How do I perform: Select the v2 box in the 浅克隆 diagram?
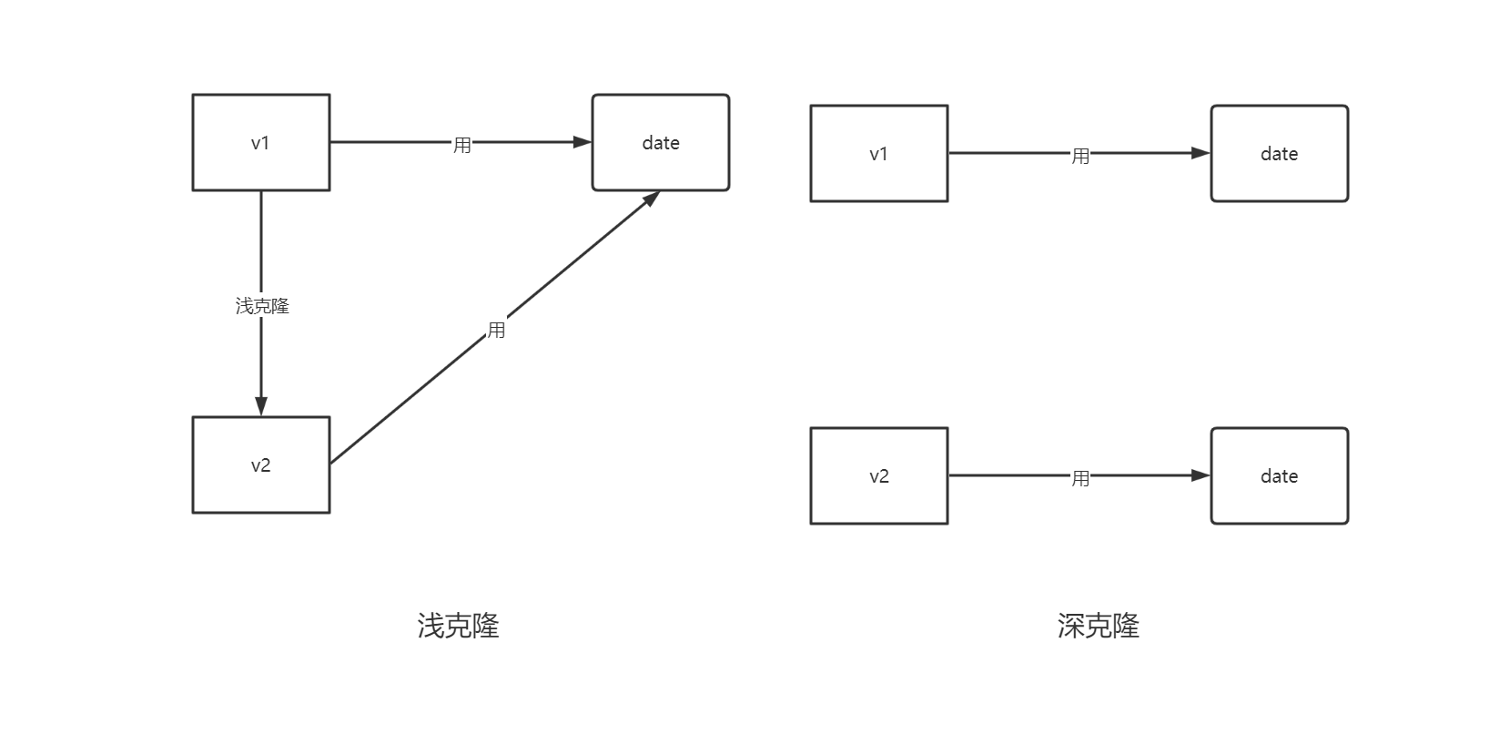coord(260,465)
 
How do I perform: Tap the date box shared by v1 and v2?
coord(661,143)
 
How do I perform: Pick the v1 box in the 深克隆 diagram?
coord(878,154)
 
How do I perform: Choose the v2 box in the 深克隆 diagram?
coord(878,476)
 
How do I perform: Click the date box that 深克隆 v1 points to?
coord(1279,154)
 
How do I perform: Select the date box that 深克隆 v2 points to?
coord(1279,476)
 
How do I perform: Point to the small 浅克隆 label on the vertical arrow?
coord(262,306)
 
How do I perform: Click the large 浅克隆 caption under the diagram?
coord(458,626)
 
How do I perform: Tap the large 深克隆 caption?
coord(1098,626)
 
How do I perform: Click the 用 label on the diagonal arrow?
coord(496,330)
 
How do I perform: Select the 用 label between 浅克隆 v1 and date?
coord(462,145)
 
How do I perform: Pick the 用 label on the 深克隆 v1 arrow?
coord(1080,156)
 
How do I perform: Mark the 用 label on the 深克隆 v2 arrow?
coord(1080,478)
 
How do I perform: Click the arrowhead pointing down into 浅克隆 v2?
coord(261,406)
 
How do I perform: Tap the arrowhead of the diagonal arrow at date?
coord(651,199)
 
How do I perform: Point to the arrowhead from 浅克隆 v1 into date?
coord(582,142)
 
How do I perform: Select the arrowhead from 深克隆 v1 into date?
coord(1201,153)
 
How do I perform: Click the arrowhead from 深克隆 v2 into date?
coord(1201,475)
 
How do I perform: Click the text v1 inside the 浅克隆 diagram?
coord(260,143)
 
